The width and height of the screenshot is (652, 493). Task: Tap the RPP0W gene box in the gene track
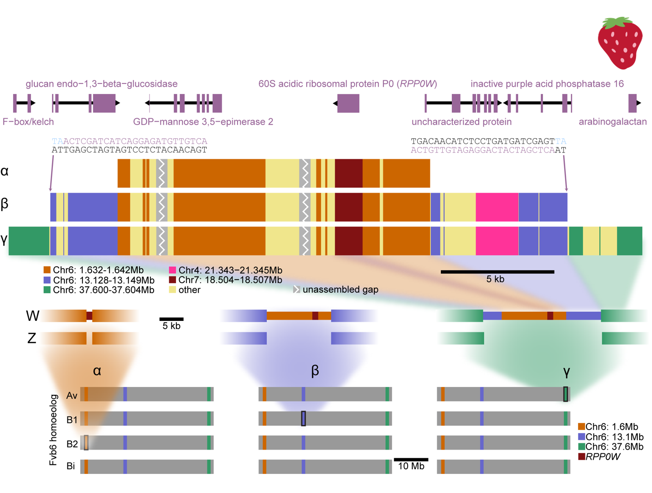click(x=348, y=103)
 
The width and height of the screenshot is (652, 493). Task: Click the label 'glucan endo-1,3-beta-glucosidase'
click(x=102, y=84)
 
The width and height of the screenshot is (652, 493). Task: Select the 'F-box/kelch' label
click(x=28, y=122)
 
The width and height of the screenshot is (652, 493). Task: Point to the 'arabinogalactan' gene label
click(x=612, y=122)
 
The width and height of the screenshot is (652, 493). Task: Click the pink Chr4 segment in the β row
click(x=497, y=207)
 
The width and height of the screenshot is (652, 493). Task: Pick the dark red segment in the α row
click(x=348, y=173)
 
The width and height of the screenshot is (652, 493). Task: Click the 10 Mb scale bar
click(x=411, y=460)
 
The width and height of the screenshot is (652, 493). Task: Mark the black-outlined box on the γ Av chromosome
click(x=565, y=394)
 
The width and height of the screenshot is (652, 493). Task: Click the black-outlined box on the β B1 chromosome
click(x=303, y=418)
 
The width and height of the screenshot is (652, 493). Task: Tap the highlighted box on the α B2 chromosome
click(x=86, y=442)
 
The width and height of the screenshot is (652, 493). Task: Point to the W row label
click(x=32, y=316)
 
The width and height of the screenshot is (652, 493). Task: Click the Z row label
click(x=31, y=338)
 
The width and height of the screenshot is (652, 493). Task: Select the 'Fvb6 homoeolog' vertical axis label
click(x=53, y=430)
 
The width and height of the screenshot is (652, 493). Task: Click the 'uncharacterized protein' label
click(x=461, y=122)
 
